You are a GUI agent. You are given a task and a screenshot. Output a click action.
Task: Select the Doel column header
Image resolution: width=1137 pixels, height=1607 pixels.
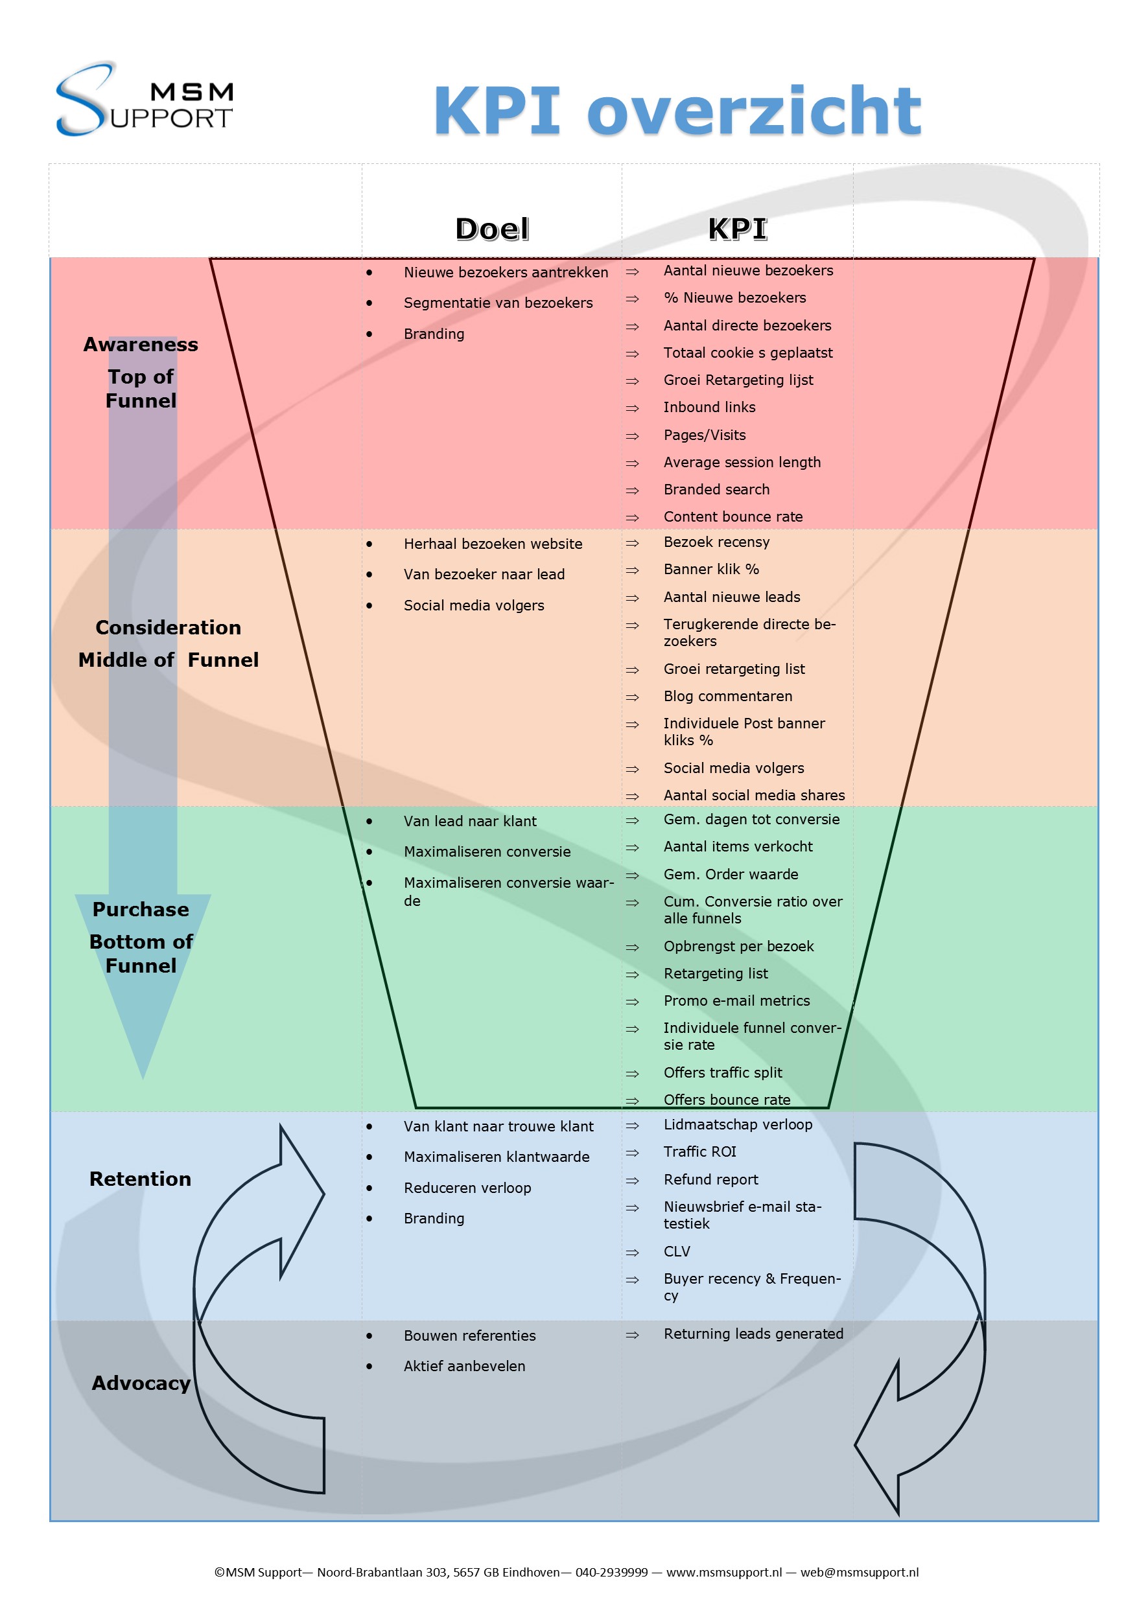point(491,229)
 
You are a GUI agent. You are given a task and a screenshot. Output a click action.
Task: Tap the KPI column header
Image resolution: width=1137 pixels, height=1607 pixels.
point(737,229)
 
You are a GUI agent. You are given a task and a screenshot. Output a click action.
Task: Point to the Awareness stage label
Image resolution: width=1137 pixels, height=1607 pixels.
point(141,344)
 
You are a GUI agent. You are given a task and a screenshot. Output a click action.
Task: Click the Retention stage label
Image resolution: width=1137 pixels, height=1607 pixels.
point(140,1179)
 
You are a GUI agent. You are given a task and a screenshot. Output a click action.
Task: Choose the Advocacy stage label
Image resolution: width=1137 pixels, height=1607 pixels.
point(141,1383)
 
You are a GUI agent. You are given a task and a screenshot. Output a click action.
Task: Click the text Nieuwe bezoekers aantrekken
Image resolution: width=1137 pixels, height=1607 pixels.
point(506,272)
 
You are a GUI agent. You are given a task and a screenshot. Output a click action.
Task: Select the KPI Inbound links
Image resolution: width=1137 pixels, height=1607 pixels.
point(709,408)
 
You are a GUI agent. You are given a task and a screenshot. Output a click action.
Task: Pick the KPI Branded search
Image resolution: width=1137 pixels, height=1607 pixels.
point(716,489)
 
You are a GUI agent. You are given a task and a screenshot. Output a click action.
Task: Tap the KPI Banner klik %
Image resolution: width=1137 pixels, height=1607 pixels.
point(710,569)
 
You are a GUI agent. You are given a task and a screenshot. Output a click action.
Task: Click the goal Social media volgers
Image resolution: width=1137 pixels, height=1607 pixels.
point(473,605)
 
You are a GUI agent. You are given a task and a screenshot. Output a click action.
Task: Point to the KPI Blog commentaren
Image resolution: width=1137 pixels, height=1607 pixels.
point(727,697)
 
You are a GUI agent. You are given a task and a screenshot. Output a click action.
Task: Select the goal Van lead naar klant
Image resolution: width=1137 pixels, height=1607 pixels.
point(470,821)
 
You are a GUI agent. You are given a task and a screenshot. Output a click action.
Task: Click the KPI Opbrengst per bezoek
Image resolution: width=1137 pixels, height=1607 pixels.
point(738,946)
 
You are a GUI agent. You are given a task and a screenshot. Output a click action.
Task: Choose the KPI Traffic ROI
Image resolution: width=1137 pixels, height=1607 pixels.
point(699,1151)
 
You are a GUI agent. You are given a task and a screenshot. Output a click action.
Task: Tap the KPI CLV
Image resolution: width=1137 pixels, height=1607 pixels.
point(676,1251)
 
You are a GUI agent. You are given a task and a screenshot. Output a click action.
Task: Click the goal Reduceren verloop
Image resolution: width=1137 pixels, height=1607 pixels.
point(467,1188)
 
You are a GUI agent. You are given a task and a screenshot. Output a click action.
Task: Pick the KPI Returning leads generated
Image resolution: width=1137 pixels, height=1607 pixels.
point(753,1334)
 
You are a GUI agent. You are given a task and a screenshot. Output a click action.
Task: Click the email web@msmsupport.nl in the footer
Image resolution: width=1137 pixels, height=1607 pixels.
point(859,1572)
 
